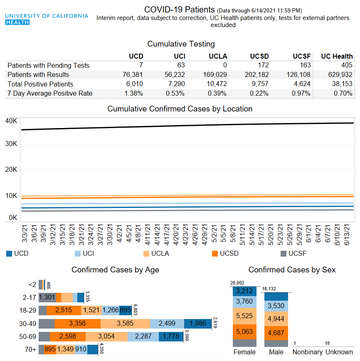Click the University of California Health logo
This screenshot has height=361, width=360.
(47, 19)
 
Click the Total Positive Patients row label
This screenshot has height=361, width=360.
(40, 84)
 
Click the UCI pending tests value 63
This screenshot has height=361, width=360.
(180, 65)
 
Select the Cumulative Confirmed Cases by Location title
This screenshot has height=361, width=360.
(180, 109)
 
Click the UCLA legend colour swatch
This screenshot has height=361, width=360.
(146, 253)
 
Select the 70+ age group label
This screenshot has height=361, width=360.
(30, 350)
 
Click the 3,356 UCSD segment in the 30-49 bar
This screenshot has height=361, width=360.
(77, 324)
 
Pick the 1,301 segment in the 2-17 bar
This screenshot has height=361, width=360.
(47, 297)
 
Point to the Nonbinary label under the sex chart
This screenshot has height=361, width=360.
(307, 352)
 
